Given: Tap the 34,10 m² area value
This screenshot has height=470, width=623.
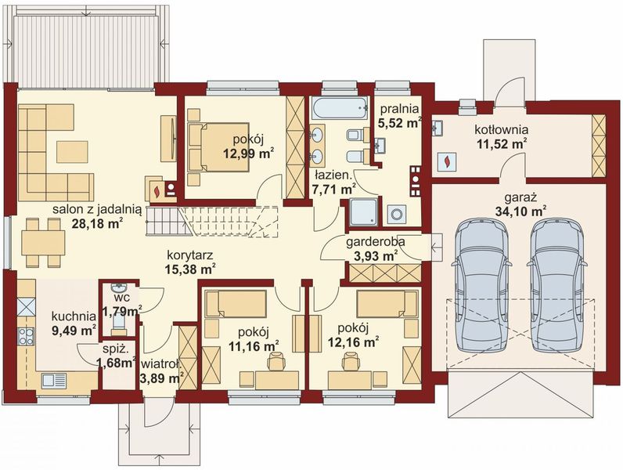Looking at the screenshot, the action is tap(520, 211).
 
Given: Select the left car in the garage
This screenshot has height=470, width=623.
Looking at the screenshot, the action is tap(481, 284).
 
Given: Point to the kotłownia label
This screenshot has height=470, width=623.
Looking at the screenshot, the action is tap(502, 129).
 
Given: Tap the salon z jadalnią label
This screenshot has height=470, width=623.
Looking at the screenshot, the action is tap(97, 209).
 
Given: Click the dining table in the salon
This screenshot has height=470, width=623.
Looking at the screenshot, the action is tap(43, 243).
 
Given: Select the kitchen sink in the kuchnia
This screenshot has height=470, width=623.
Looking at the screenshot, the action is tap(54, 380).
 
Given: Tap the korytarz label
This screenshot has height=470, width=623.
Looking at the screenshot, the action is tap(190, 255).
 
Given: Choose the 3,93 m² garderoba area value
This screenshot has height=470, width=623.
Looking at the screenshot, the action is tap(376, 257).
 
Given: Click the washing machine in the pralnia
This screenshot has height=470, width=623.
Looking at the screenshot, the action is tap(396, 214).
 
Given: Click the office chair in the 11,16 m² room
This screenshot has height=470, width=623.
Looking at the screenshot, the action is tap(275, 361).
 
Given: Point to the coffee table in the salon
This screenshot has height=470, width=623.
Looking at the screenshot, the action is tap(72, 151).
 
